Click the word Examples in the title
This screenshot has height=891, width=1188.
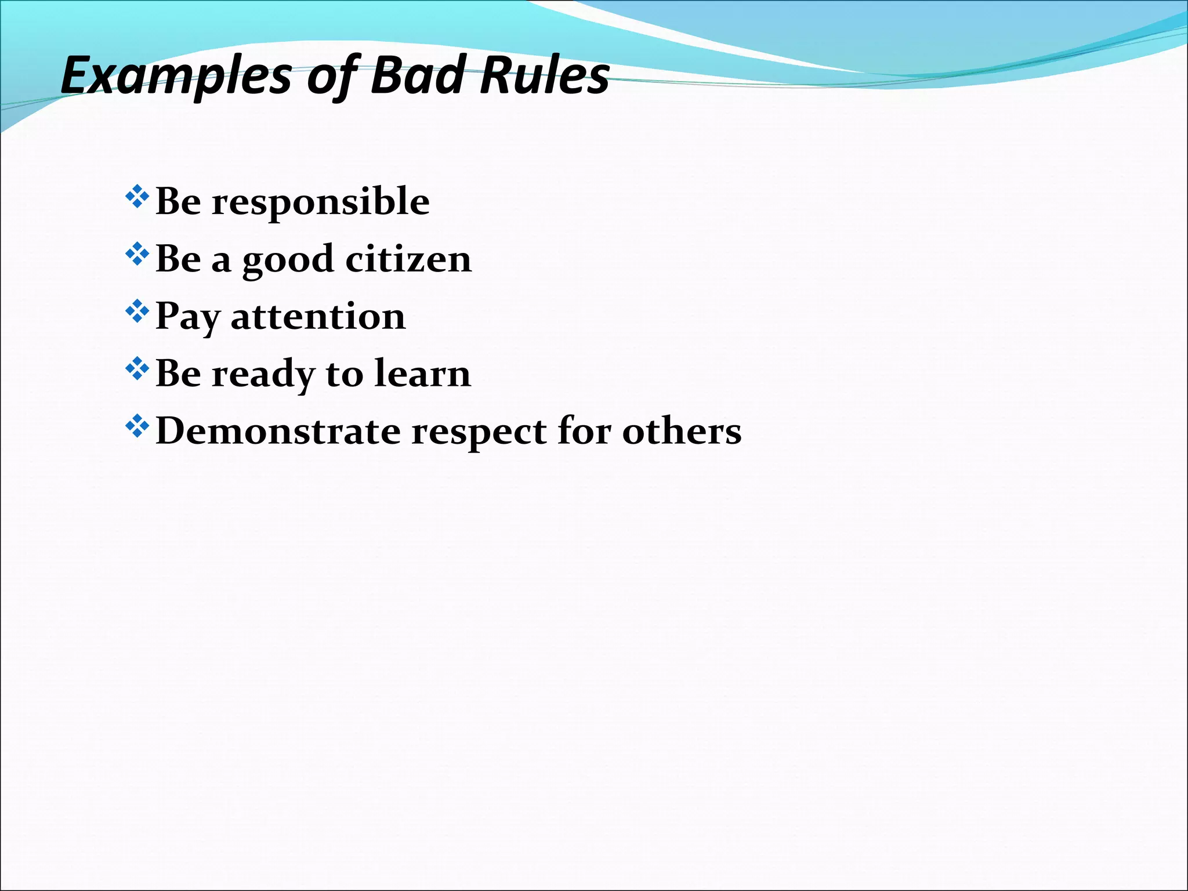[x=176, y=76]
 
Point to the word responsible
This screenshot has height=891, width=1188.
[x=320, y=202]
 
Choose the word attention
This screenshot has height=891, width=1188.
[x=318, y=317]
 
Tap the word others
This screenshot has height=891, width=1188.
[x=682, y=432]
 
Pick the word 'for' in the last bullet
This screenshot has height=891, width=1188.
[x=584, y=432]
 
